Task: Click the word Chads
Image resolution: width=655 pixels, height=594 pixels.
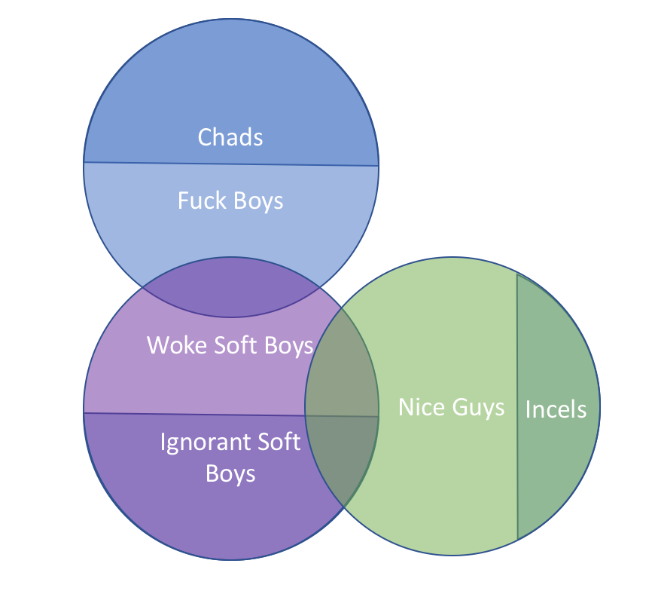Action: pyautogui.click(x=230, y=137)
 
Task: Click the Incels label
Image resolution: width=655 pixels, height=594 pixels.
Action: pyautogui.click(x=556, y=409)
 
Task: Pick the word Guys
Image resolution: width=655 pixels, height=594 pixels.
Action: pyautogui.click(x=479, y=408)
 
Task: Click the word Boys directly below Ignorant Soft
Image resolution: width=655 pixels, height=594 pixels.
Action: pyautogui.click(x=230, y=473)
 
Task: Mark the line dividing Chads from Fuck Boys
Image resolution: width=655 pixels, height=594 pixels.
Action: pyautogui.click(x=230, y=164)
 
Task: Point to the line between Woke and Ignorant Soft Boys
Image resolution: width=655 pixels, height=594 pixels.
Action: pyautogui.click(x=188, y=414)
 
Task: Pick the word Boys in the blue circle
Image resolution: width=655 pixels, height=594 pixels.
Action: pyautogui.click(x=258, y=201)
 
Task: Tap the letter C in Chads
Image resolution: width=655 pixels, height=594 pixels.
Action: pyautogui.click(x=204, y=137)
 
